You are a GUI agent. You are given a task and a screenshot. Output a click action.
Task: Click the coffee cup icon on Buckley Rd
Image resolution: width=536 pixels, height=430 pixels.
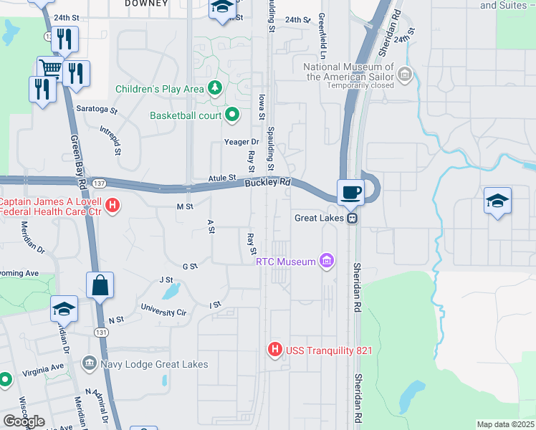point(351,192)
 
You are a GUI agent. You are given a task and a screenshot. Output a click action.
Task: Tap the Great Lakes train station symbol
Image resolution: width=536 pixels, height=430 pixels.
point(352,218)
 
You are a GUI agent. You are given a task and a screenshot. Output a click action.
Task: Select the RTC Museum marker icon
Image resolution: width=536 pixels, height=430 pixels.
point(327,261)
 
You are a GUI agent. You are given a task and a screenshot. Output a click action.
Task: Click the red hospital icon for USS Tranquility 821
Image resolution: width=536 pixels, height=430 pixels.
point(274,350)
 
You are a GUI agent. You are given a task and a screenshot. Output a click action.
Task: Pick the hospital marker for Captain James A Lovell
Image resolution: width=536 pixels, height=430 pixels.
point(113,206)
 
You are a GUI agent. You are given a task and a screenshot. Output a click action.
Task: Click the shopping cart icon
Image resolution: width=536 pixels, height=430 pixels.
point(49,69)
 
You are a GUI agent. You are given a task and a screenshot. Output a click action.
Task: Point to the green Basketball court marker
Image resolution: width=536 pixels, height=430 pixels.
point(233,115)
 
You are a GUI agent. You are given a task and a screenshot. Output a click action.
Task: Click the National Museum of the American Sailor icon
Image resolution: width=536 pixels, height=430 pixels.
point(406,72)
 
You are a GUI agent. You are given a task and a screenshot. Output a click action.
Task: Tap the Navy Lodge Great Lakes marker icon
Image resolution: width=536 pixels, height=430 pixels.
point(89,364)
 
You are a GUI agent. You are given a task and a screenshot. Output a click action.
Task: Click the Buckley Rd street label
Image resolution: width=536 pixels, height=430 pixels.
point(267,183)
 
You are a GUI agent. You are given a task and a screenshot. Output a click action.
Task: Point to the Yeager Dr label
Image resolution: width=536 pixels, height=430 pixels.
point(241,142)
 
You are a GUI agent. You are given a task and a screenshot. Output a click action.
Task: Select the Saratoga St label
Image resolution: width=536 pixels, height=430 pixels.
point(97,111)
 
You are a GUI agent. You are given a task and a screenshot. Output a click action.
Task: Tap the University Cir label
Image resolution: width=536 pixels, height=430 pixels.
point(163,311)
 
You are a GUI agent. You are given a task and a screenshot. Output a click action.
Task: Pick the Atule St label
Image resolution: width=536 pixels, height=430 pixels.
point(222,177)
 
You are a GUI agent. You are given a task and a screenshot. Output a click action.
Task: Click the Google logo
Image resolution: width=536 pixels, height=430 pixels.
point(24,421)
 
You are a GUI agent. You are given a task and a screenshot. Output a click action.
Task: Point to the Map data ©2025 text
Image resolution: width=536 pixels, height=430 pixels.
point(505,424)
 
